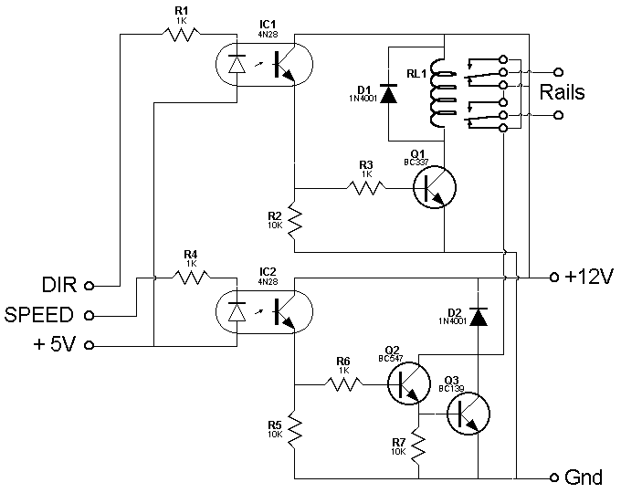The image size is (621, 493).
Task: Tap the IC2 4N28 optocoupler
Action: point(262,310)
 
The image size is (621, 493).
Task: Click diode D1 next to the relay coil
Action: point(389,93)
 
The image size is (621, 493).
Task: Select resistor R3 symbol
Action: point(365,188)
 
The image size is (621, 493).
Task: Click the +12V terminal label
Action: point(587,278)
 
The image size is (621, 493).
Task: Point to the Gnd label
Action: point(584,477)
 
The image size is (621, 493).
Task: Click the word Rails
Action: point(563,92)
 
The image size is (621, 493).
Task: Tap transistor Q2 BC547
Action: point(408,383)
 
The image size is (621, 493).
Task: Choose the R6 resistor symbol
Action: point(343,383)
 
